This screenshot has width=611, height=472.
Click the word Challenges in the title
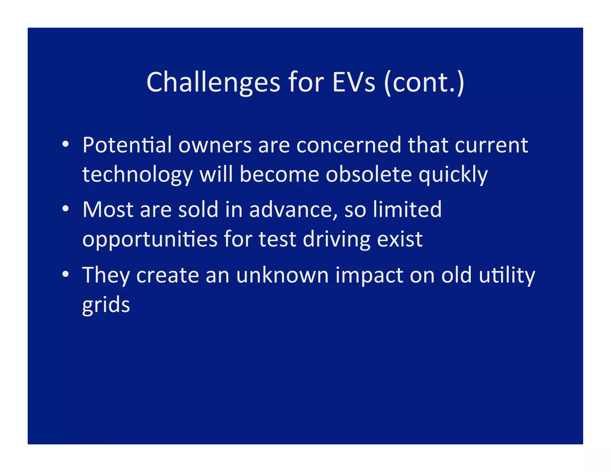click(x=213, y=82)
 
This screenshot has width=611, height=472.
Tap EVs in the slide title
click(x=354, y=82)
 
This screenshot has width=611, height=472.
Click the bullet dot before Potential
click(x=66, y=145)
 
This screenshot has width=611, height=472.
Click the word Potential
click(x=127, y=145)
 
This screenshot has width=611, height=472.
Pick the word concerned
click(x=349, y=145)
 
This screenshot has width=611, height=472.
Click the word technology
click(x=138, y=175)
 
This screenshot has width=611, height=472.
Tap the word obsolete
click(x=369, y=174)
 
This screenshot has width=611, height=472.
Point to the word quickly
click(x=453, y=175)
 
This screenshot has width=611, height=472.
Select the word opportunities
click(x=150, y=240)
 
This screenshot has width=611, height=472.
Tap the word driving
click(x=337, y=240)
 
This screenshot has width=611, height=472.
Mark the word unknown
click(x=282, y=275)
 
